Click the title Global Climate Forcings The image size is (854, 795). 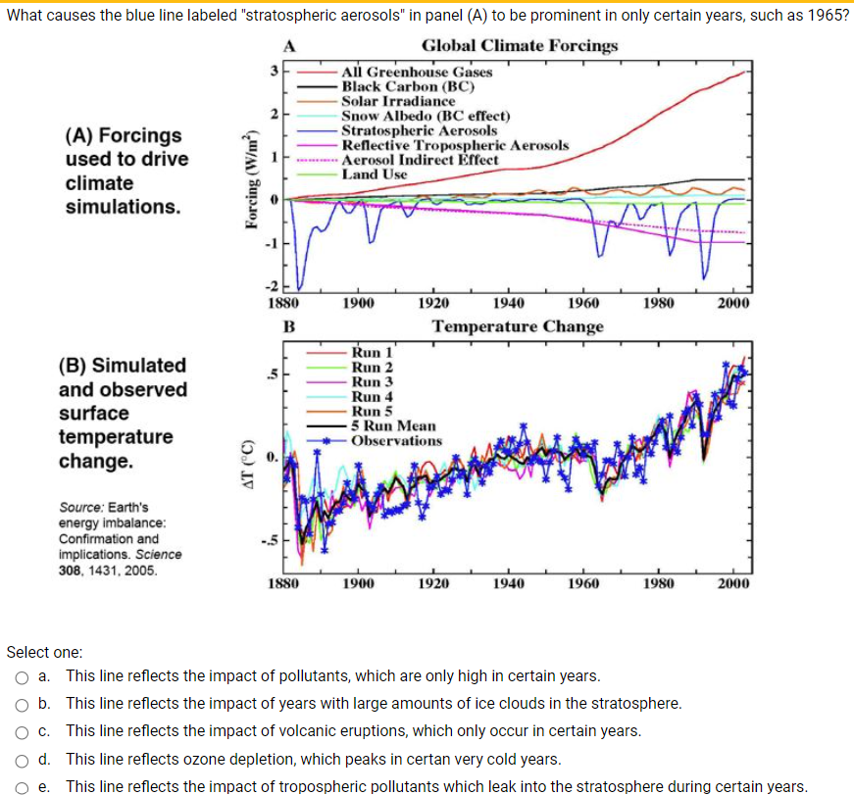click(520, 46)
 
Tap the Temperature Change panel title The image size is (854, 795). click(518, 325)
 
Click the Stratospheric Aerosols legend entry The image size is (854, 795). click(419, 130)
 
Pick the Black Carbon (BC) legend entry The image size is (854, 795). click(408, 86)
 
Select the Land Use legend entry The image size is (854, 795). click(374, 174)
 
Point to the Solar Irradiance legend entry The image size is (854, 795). click(398, 101)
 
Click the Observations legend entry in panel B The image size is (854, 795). click(396, 441)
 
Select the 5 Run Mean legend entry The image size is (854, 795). click(393, 426)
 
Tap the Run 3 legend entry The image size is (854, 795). click(372, 381)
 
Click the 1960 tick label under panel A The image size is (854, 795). click(583, 303)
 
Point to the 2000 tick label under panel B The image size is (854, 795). click(733, 583)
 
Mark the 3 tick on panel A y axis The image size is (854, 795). click(276, 71)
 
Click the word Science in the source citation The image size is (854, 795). click(160, 555)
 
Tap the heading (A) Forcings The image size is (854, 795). click(124, 135)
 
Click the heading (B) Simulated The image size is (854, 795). click(123, 366)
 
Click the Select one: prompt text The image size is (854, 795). click(45, 652)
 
